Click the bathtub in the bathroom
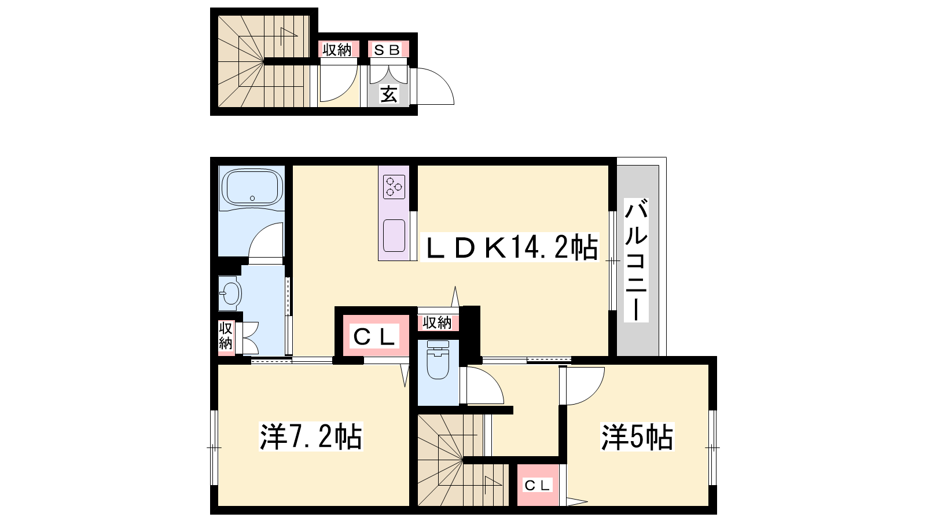coord(252,189)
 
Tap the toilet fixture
coord(438,359)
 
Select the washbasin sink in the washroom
coord(230,294)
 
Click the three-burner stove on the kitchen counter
coord(394,187)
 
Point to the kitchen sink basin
coord(394,235)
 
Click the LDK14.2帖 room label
coord(510,247)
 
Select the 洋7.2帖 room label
coord(310,436)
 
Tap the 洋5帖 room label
coord(637,436)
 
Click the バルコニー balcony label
coord(636,260)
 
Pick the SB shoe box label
coord(387,50)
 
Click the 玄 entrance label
coord(388,94)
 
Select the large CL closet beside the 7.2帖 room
coord(374,336)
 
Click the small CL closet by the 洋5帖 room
coord(537,485)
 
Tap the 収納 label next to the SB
coord(337,50)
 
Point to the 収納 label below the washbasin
coord(226,336)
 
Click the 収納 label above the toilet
coord(438,322)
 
